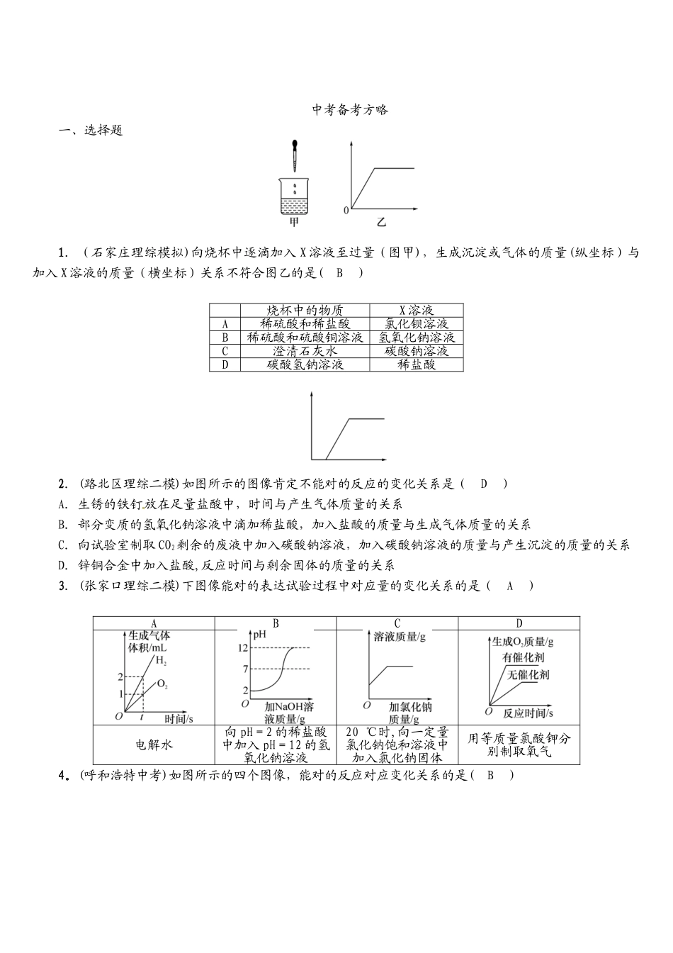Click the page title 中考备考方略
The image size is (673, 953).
(350, 110)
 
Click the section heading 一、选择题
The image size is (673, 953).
(90, 130)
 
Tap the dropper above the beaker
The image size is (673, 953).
(294, 157)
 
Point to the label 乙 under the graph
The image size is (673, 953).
(382, 222)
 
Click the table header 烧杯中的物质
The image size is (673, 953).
(305, 310)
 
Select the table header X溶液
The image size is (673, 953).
(417, 310)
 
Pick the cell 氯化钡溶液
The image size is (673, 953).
(417, 323)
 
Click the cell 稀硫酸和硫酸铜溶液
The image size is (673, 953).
(305, 338)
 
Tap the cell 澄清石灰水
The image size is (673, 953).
(305, 351)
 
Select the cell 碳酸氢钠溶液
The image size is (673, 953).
(305, 364)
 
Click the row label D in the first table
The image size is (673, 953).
(225, 364)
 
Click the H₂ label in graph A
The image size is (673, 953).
(161, 661)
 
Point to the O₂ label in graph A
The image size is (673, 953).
(162, 684)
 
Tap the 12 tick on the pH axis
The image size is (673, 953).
(242, 648)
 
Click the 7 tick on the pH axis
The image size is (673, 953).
(244, 669)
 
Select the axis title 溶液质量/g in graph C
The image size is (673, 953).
(399, 636)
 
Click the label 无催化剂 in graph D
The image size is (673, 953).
(528, 674)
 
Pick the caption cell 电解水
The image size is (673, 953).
(154, 745)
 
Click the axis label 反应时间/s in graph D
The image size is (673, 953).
(528, 712)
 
